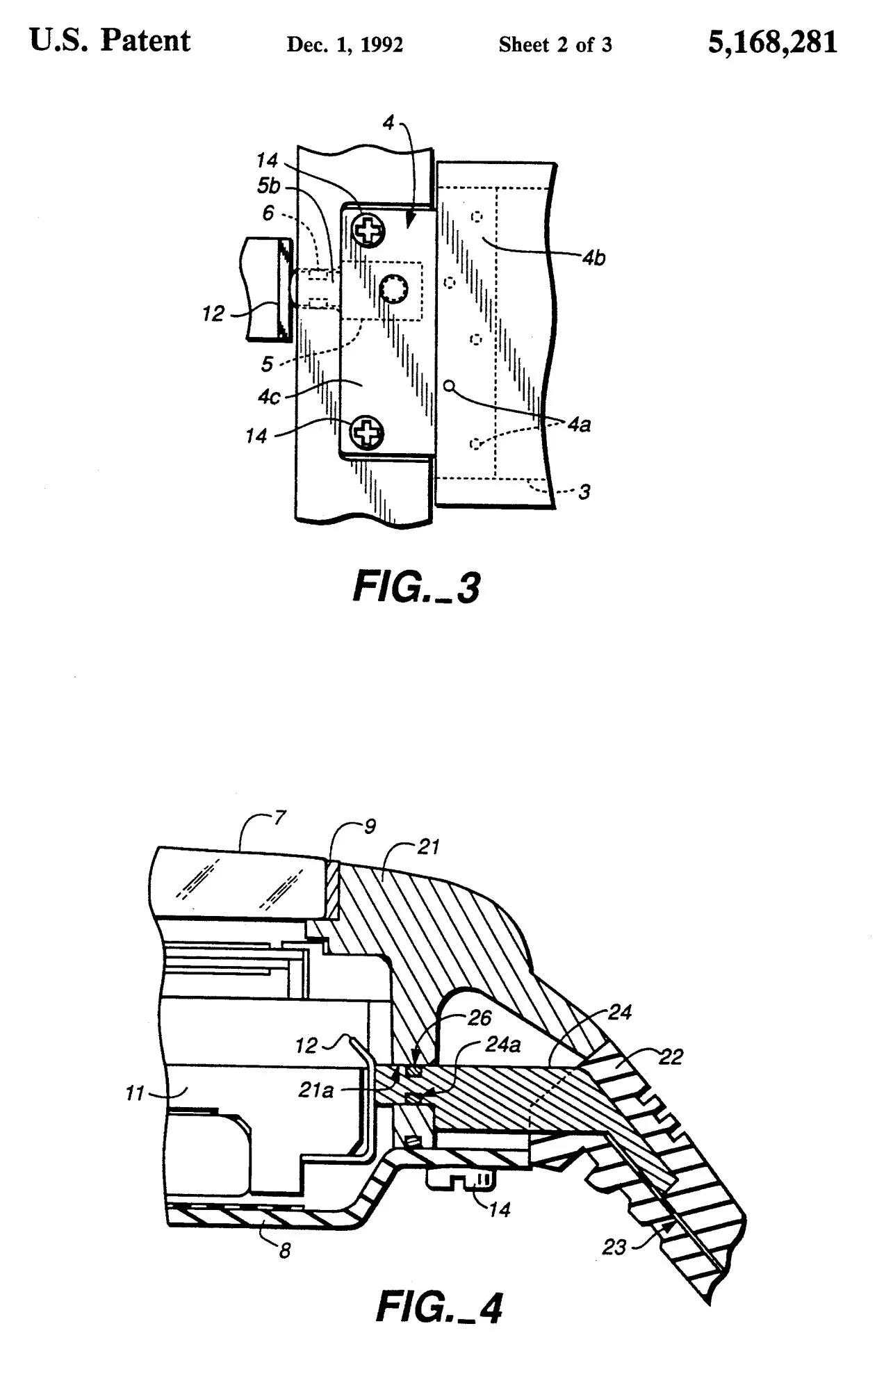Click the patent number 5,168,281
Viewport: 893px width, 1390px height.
tap(773, 43)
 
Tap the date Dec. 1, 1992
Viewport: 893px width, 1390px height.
tap(345, 45)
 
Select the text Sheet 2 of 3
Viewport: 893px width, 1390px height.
tap(555, 45)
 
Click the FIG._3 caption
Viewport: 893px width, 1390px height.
tap(416, 588)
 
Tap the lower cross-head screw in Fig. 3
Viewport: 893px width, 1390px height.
tap(366, 432)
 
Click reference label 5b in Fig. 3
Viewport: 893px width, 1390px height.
tap(268, 187)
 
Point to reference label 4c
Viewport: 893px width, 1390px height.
tap(269, 397)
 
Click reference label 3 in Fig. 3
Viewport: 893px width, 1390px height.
tap(584, 491)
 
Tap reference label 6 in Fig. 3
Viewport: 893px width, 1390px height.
tap(268, 213)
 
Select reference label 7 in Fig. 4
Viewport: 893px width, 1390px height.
tap(279, 817)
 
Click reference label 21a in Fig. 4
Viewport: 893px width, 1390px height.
tap(316, 1090)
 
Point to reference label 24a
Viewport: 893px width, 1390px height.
tap(503, 1045)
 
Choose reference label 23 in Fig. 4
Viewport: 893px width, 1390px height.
tap(614, 1248)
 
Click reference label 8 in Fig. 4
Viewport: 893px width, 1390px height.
tap(284, 1251)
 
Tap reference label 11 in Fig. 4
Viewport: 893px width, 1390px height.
tap(135, 1093)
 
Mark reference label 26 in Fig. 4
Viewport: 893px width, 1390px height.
tap(480, 1018)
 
